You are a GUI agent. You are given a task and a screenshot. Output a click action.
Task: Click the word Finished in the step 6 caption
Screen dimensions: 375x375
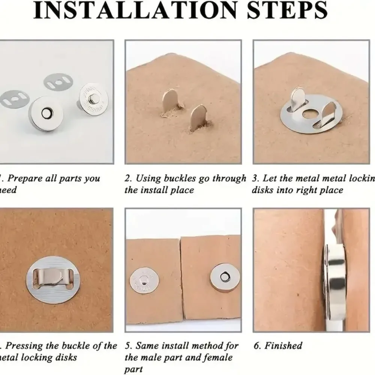coord(283,345)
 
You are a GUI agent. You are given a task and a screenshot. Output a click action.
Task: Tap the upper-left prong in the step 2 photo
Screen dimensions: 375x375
coord(171,99)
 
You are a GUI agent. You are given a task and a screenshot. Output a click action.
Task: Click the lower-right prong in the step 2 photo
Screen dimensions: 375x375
coord(198,117)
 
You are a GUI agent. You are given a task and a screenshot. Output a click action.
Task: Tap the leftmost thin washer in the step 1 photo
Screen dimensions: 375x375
coord(16,98)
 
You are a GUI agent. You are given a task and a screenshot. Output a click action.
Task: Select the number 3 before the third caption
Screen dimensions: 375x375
coord(255,178)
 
